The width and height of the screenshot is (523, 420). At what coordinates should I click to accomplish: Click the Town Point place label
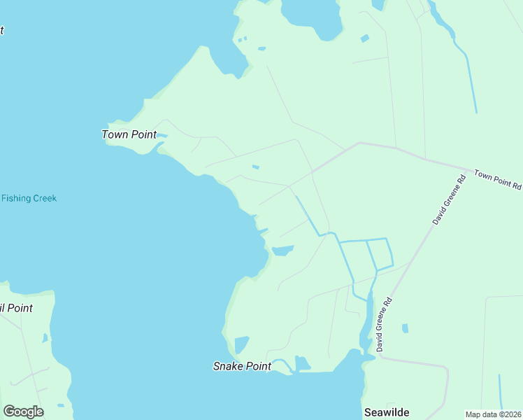(129, 134)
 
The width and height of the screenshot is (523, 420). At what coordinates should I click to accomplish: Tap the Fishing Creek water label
(29, 198)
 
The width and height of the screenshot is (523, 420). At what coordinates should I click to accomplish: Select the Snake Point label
(241, 366)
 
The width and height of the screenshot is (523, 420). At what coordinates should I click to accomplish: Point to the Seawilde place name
(386, 413)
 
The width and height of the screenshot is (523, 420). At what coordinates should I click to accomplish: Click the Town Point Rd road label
(498, 180)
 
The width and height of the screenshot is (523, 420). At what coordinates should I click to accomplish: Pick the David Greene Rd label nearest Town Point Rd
(449, 200)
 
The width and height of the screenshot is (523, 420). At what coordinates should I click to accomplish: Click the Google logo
(23, 412)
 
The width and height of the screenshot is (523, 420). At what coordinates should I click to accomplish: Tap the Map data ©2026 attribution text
(494, 414)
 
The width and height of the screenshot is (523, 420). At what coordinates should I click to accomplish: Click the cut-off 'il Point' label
(16, 308)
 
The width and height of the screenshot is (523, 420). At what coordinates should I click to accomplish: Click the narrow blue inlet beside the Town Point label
(162, 135)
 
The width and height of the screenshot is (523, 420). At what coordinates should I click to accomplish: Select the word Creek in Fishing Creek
(43, 198)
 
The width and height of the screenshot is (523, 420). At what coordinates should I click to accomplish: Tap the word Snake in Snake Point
(227, 366)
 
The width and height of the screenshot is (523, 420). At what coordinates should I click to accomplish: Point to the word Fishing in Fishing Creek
(15, 198)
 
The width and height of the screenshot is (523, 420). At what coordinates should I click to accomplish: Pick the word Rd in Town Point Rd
(516, 186)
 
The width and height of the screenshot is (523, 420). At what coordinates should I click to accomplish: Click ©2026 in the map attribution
(508, 414)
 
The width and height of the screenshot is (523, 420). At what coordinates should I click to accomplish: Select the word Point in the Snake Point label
(257, 366)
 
